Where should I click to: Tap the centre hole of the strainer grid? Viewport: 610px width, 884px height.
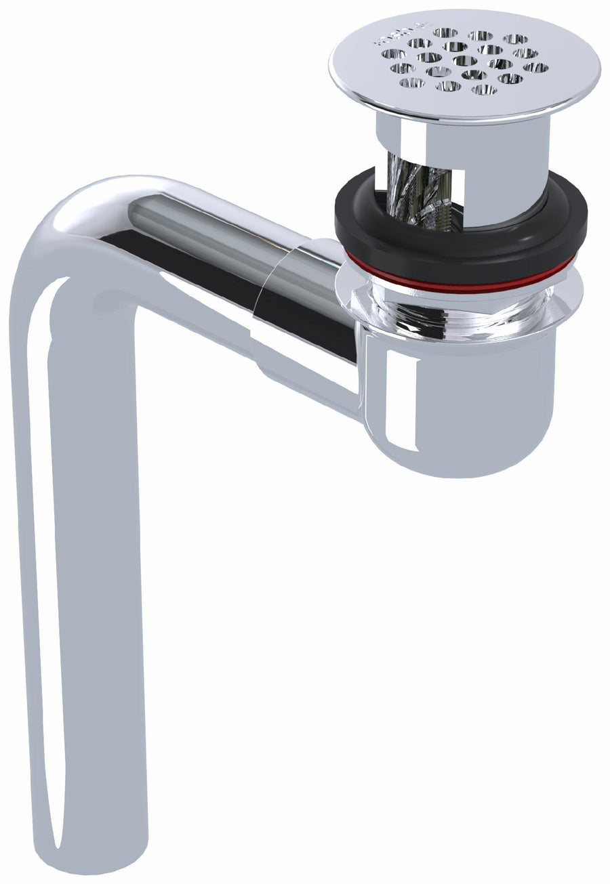[x=465, y=61]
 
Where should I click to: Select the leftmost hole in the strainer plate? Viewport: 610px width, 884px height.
[x=393, y=54]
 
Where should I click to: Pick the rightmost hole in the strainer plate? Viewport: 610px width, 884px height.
[x=536, y=67]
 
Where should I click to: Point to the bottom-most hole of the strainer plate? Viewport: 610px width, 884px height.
[x=484, y=89]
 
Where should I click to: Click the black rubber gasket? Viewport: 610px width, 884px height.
[x=461, y=234]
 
